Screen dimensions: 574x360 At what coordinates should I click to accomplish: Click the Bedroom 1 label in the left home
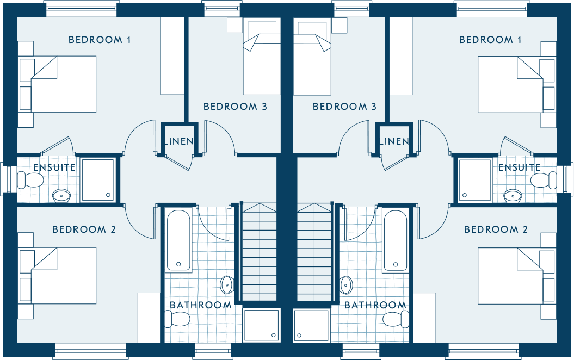(100, 40)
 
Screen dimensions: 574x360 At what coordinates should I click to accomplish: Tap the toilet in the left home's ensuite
(30, 180)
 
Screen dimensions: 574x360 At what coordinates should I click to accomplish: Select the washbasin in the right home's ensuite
(513, 196)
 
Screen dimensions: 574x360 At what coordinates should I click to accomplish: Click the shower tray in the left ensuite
(98, 180)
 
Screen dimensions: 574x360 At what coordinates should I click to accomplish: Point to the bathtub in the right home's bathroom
(395, 241)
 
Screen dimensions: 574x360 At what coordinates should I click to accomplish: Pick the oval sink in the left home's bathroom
(227, 284)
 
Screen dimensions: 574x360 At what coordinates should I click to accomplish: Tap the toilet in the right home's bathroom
(396, 319)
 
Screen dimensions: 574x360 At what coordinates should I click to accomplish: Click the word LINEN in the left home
(179, 141)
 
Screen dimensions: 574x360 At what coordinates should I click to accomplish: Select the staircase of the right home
(314, 252)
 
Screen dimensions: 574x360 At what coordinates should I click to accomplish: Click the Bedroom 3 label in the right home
(344, 107)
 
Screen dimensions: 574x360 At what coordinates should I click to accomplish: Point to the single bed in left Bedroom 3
(262, 57)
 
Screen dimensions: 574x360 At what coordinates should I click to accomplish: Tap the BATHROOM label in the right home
(375, 305)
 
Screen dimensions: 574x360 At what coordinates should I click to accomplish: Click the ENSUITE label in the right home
(519, 167)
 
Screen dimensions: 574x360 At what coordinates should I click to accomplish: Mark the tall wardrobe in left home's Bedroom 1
(172, 57)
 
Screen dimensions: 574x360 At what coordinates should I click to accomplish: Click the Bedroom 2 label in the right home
(496, 229)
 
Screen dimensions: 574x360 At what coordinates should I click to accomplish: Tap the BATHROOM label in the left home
(201, 305)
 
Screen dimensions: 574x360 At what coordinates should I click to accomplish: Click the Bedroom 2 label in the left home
(84, 229)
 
